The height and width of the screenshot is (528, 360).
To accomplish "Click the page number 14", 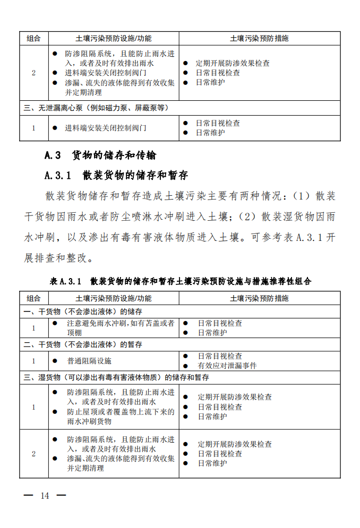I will pyautogui.click(x=44, y=495).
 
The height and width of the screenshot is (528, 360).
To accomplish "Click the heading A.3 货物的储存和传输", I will pyautogui.click(x=100, y=155).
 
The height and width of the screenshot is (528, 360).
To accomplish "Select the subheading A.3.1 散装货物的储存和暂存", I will pyautogui.click(x=116, y=175).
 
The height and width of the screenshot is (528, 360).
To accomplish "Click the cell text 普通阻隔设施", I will pyautogui.click(x=89, y=361).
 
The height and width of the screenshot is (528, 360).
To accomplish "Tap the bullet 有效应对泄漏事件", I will pyautogui.click(x=227, y=366).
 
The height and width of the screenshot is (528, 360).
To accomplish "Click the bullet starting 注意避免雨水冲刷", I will pyautogui.click(x=121, y=323).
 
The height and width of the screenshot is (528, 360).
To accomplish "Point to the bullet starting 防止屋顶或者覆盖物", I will pyautogui.click(x=121, y=411).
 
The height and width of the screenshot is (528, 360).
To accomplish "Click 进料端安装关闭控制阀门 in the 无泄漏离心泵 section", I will pyautogui.click(x=106, y=128).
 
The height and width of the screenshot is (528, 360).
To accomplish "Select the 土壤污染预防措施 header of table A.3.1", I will pyautogui.click(x=259, y=298).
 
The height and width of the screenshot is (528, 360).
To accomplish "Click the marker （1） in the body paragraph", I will pyautogui.click(x=301, y=196).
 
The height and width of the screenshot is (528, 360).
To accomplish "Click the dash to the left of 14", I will pyautogui.click(x=29, y=495).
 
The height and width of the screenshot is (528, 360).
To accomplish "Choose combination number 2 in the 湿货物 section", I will pyautogui.click(x=33, y=454).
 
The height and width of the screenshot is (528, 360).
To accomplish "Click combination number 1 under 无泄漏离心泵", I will pyautogui.click(x=33, y=128).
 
